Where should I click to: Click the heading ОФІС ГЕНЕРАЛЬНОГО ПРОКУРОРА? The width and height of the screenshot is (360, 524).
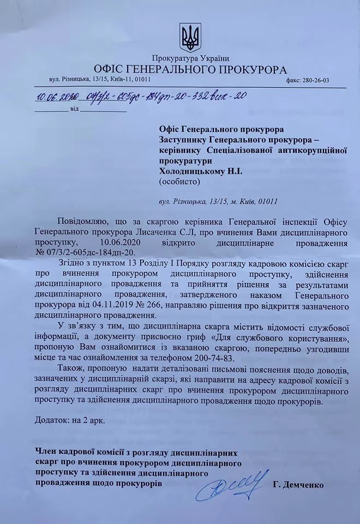point(190,69)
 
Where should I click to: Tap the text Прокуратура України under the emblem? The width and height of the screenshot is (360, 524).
point(190,58)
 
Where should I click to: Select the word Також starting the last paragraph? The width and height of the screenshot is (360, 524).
point(71,367)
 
